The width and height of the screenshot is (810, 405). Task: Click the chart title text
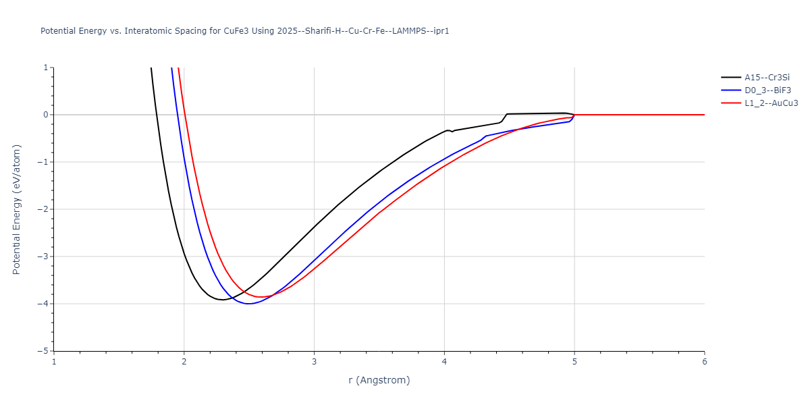tap(245, 31)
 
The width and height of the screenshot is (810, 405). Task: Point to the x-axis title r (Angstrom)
tap(379, 380)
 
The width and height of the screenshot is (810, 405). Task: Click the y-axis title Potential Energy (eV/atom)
tap(18, 209)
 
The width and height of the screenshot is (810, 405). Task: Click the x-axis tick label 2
tap(184, 362)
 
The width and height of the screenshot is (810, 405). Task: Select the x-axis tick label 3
tap(314, 362)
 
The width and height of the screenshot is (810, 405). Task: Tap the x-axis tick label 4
tap(444, 362)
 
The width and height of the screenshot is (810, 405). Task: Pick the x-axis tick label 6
tap(704, 362)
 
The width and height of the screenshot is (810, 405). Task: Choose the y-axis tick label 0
tap(45, 115)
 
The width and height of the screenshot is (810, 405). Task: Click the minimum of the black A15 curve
tap(222, 300)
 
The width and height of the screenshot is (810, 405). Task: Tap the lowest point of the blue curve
tap(249, 304)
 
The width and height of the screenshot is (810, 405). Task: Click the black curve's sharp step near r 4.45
tap(504, 118)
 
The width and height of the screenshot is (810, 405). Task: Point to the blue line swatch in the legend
tap(731, 90)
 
